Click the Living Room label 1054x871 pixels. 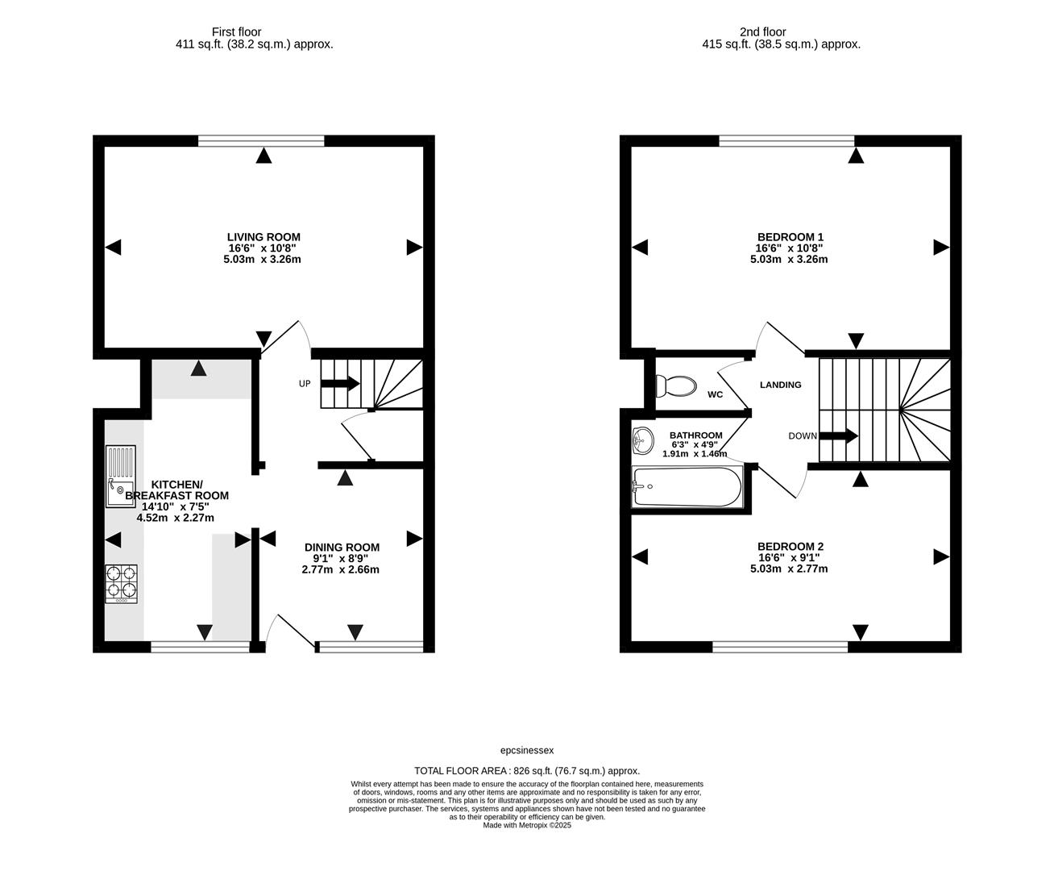tap(263, 237)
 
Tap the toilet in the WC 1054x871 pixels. tap(675, 386)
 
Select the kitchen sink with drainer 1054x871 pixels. tap(121, 477)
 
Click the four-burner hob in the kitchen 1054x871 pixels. tap(121, 584)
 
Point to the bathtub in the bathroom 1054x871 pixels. tap(687, 487)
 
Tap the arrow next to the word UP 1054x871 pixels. tap(340, 383)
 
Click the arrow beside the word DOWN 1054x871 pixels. tap(839, 435)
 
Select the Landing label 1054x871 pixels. tap(780, 385)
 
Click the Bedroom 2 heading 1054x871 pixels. tap(790, 547)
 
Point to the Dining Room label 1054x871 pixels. tap(342, 547)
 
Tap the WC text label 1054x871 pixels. tap(715, 394)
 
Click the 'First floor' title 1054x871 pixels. tap(236, 31)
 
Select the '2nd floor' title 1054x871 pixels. tap(763, 31)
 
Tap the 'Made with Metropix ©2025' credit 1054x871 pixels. tap(527, 825)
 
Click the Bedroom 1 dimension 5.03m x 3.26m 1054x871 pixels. tap(789, 260)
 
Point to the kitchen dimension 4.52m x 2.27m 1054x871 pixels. tap(175, 518)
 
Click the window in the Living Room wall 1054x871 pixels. tap(261, 141)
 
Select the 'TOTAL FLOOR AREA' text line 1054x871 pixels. tap(527, 771)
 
